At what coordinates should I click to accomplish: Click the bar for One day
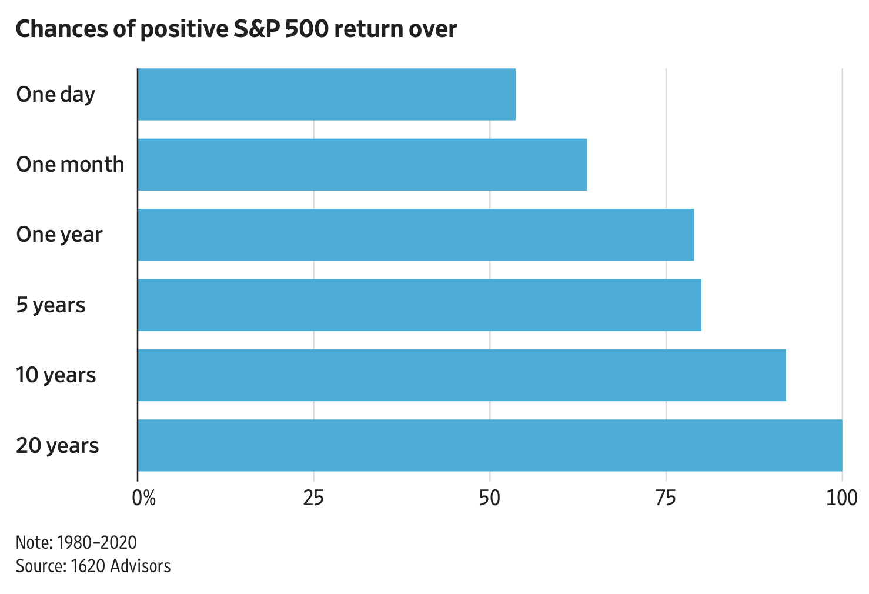pyautogui.click(x=326, y=94)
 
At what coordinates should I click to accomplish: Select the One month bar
pyautogui.click(x=362, y=164)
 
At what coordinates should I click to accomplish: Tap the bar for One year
pyautogui.click(x=416, y=235)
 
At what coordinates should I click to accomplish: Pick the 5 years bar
pyautogui.click(x=419, y=305)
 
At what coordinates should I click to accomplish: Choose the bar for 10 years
pyautogui.click(x=462, y=375)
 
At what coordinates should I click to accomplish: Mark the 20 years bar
pyautogui.click(x=490, y=445)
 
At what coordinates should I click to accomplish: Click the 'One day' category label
pyautogui.click(x=55, y=94)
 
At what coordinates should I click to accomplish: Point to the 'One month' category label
pyautogui.click(x=70, y=164)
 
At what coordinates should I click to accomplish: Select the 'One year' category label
pyautogui.click(x=59, y=235)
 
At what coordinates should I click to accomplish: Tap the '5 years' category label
pyautogui.click(x=51, y=305)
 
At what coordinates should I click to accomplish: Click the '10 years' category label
pyautogui.click(x=56, y=375)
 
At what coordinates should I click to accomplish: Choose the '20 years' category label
pyautogui.click(x=58, y=445)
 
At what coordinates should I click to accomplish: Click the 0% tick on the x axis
pyautogui.click(x=143, y=498)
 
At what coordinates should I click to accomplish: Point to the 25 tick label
pyautogui.click(x=313, y=498)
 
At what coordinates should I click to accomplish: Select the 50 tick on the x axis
pyautogui.click(x=489, y=498)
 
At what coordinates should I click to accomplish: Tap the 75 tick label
pyautogui.click(x=666, y=498)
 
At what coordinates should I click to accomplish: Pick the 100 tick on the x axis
pyautogui.click(x=842, y=498)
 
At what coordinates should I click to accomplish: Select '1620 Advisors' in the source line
pyautogui.click(x=121, y=566)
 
